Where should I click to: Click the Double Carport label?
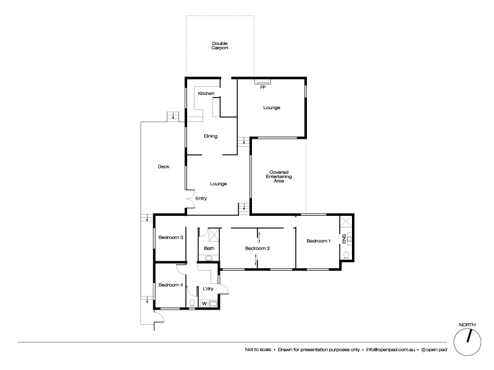click(220, 45)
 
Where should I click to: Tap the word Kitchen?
click(206, 93)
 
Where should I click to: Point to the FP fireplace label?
click(262, 88)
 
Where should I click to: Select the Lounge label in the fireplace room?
click(272, 107)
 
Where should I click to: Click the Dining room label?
click(211, 136)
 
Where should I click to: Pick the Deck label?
click(163, 166)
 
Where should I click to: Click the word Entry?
click(201, 198)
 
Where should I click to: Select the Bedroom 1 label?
click(319, 240)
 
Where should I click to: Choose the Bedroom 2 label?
click(257, 249)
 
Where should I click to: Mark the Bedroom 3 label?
click(170, 237)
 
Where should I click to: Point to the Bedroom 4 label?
click(170, 284)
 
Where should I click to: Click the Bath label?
click(209, 249)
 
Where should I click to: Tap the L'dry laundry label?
click(209, 289)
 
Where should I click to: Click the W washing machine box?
click(204, 303)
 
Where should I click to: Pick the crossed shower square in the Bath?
click(214, 234)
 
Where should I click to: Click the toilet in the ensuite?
click(347, 254)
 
